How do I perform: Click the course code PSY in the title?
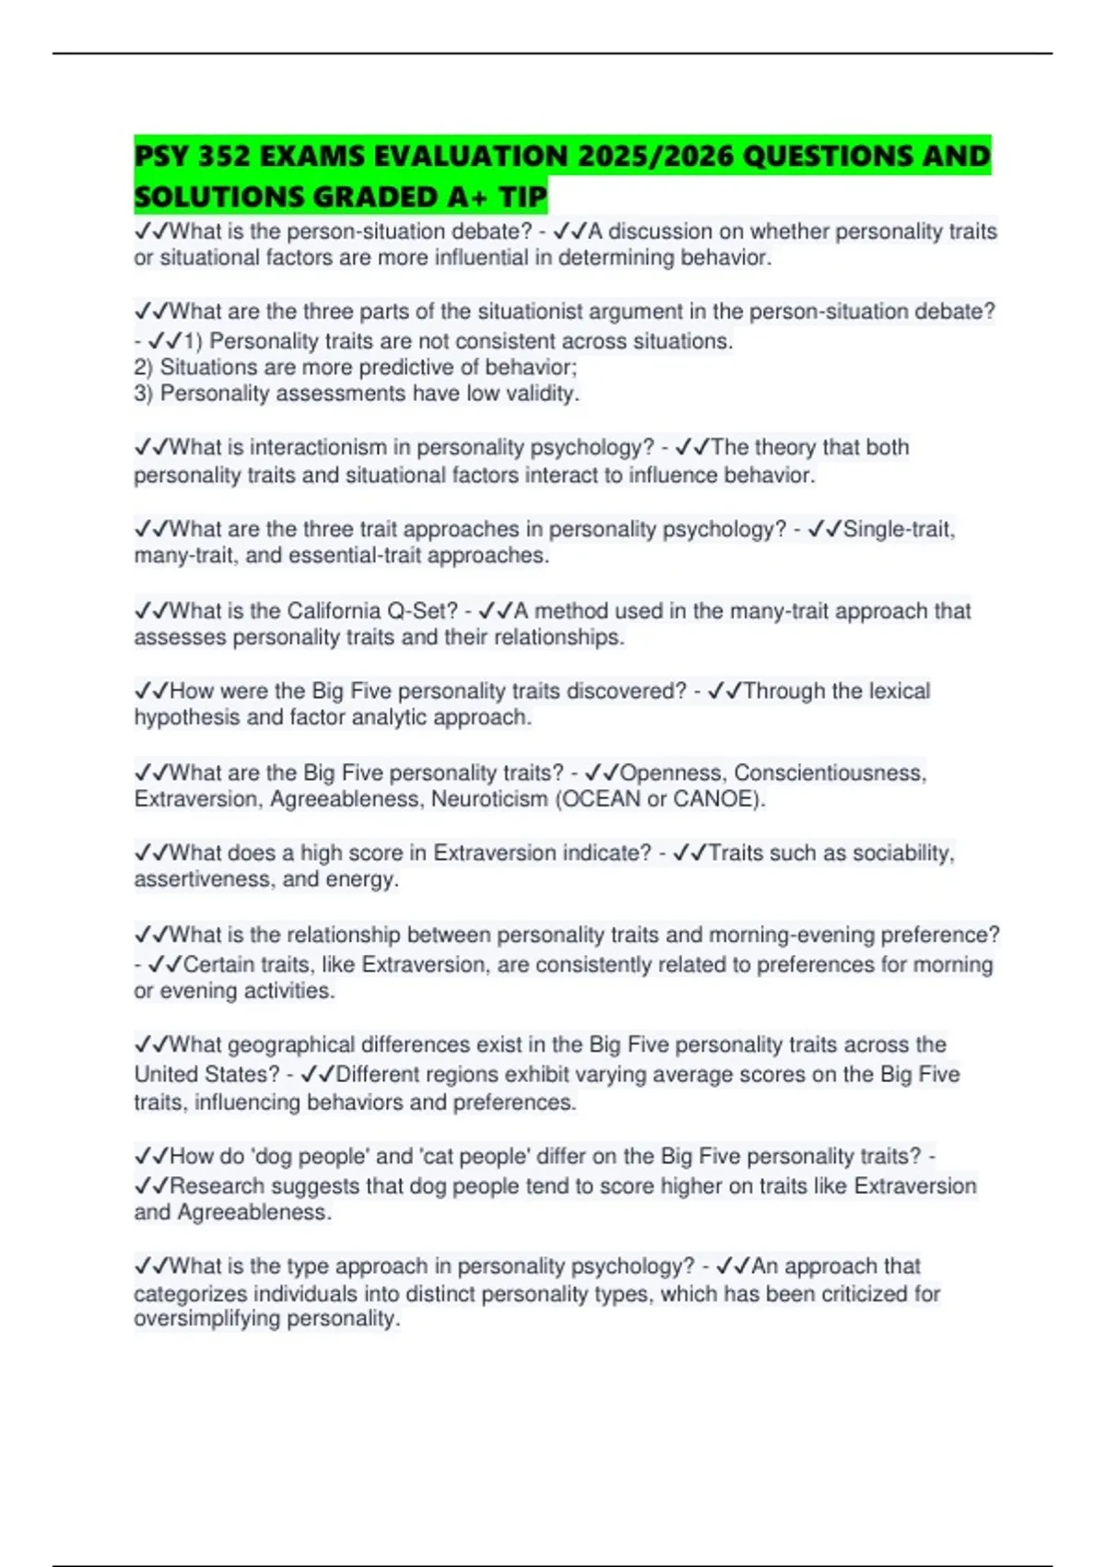coord(162,156)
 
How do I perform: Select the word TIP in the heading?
coord(523,196)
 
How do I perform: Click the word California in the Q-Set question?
coord(333,610)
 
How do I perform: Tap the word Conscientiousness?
coord(829,772)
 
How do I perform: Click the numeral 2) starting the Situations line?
coord(144,367)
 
